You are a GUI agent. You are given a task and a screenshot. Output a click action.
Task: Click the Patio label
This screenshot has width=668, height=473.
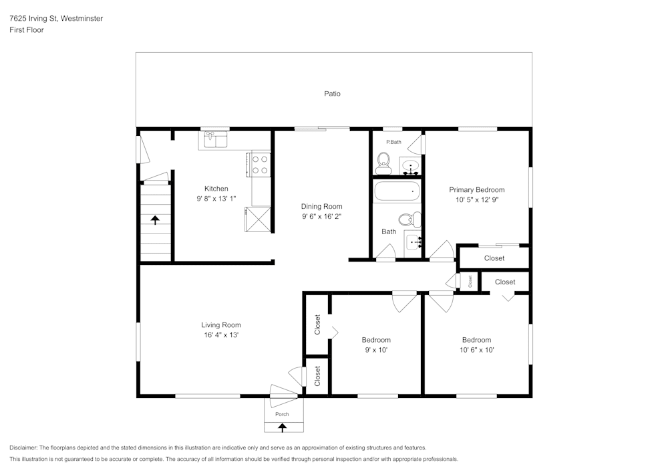point(332,94)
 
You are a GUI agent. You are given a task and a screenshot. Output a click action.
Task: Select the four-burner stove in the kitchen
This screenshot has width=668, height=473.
point(260,165)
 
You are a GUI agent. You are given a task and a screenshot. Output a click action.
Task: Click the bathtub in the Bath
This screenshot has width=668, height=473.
point(397,192)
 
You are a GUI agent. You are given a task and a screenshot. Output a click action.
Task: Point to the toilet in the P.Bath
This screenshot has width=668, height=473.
point(383,161)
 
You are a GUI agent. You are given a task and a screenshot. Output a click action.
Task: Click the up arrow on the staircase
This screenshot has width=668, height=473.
point(155,219)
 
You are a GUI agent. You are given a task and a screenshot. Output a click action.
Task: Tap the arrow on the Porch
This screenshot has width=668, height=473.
point(282,426)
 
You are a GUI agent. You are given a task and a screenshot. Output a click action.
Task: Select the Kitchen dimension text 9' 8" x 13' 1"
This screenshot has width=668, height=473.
point(216,199)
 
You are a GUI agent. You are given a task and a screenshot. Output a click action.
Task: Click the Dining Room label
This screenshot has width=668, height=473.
point(321,207)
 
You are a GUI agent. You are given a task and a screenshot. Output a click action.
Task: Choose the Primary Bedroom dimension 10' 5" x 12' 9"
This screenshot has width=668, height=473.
point(476,199)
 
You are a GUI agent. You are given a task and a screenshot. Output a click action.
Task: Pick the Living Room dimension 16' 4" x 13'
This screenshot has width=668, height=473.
point(220,335)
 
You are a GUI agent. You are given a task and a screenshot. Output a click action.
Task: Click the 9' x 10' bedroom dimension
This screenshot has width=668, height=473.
point(375,350)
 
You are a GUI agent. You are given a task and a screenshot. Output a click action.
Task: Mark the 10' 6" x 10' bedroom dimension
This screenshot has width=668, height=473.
point(476,350)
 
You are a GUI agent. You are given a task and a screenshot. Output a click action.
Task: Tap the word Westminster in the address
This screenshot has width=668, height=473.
point(81,19)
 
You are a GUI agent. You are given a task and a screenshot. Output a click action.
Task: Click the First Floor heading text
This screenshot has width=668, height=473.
point(27,30)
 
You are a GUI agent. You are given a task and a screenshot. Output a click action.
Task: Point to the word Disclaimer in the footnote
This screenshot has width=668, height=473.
point(23,448)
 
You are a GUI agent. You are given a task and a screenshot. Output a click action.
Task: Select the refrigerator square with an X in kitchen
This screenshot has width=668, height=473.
point(259,219)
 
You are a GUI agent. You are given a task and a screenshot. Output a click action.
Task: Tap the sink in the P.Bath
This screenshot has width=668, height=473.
point(410,165)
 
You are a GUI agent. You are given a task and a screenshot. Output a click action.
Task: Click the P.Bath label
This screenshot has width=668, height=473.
point(394,142)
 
